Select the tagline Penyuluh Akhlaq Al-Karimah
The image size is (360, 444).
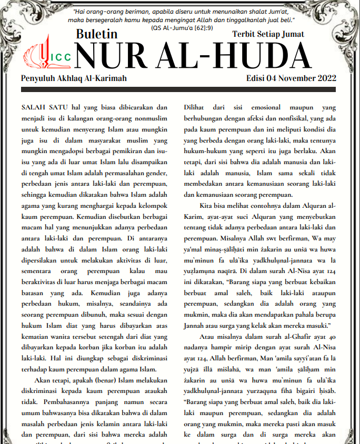click(74, 78)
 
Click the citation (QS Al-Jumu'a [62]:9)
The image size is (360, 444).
click(181, 27)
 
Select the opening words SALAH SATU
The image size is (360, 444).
click(45, 107)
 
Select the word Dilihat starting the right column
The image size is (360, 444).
click(195, 107)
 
